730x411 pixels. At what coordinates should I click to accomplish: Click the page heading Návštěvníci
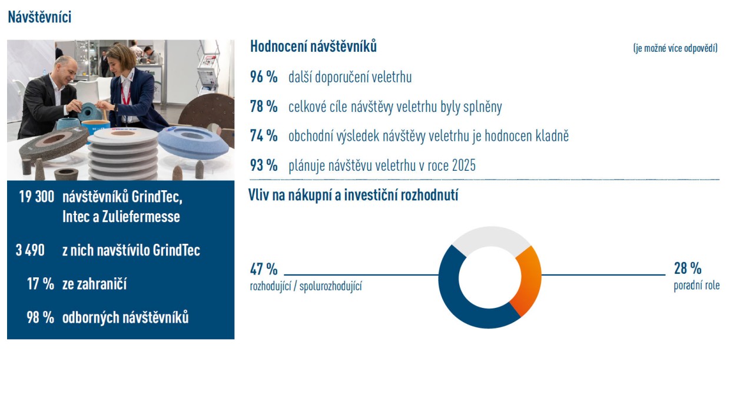[x=39, y=17]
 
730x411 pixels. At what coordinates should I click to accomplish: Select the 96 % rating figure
[x=264, y=77]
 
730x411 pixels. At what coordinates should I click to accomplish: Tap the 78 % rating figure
[x=264, y=106]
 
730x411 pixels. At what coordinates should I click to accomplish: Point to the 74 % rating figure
[x=264, y=135]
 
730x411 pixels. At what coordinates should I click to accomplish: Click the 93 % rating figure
[x=264, y=165]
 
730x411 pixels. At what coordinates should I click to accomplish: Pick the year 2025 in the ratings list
[x=463, y=165]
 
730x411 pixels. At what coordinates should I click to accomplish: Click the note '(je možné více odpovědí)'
[x=675, y=48]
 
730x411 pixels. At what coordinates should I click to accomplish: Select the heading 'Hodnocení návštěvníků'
[x=313, y=47]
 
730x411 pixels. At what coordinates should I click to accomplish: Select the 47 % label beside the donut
[x=264, y=269]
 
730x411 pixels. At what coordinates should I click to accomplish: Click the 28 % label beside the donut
[x=688, y=269]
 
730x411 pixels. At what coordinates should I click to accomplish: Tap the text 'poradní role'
[x=697, y=286]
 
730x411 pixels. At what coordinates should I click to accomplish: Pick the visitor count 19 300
[x=36, y=197]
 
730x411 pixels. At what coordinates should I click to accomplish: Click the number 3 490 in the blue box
[x=30, y=250]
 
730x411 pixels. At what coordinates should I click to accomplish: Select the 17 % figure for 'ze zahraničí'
[x=41, y=284]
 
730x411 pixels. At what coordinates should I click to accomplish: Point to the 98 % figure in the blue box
[x=41, y=317]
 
